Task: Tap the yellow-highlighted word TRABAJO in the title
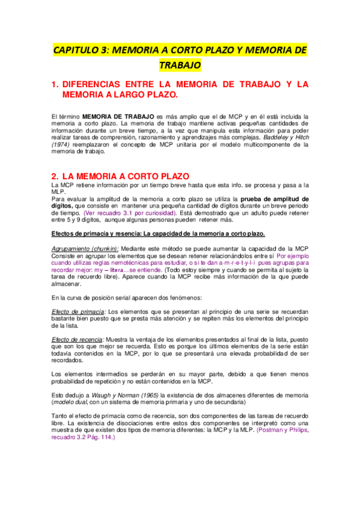[180, 64]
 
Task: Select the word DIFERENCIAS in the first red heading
[100, 84]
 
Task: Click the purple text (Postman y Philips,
[281, 430]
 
